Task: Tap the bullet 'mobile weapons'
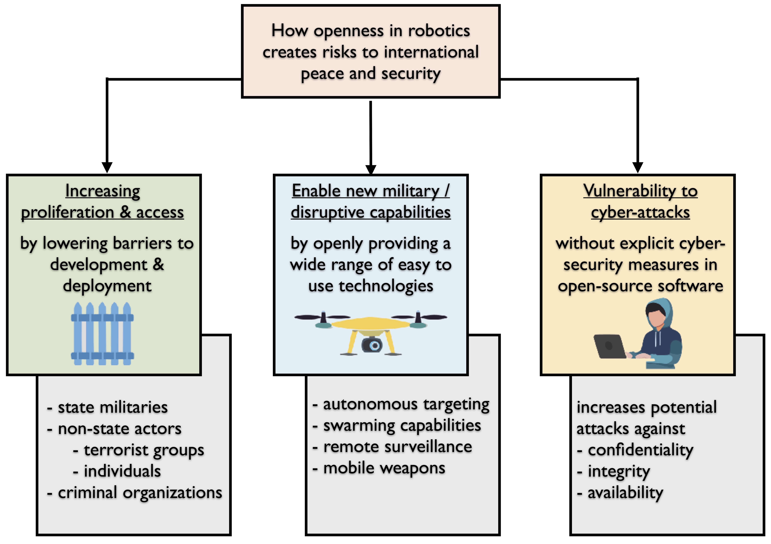[384, 468]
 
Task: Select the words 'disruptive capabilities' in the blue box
[370, 212]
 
